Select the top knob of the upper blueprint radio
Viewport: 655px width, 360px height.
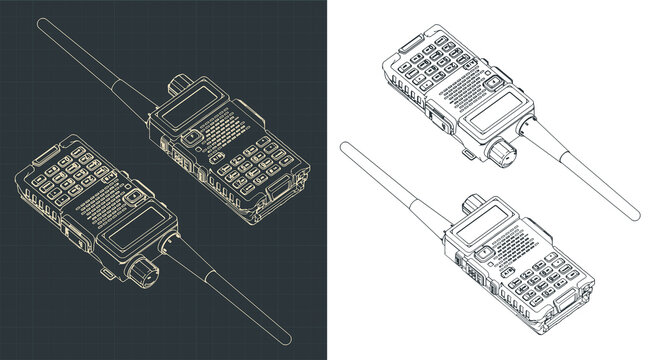(x=180, y=81)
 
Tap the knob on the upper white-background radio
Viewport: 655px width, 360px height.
(x=501, y=153)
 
